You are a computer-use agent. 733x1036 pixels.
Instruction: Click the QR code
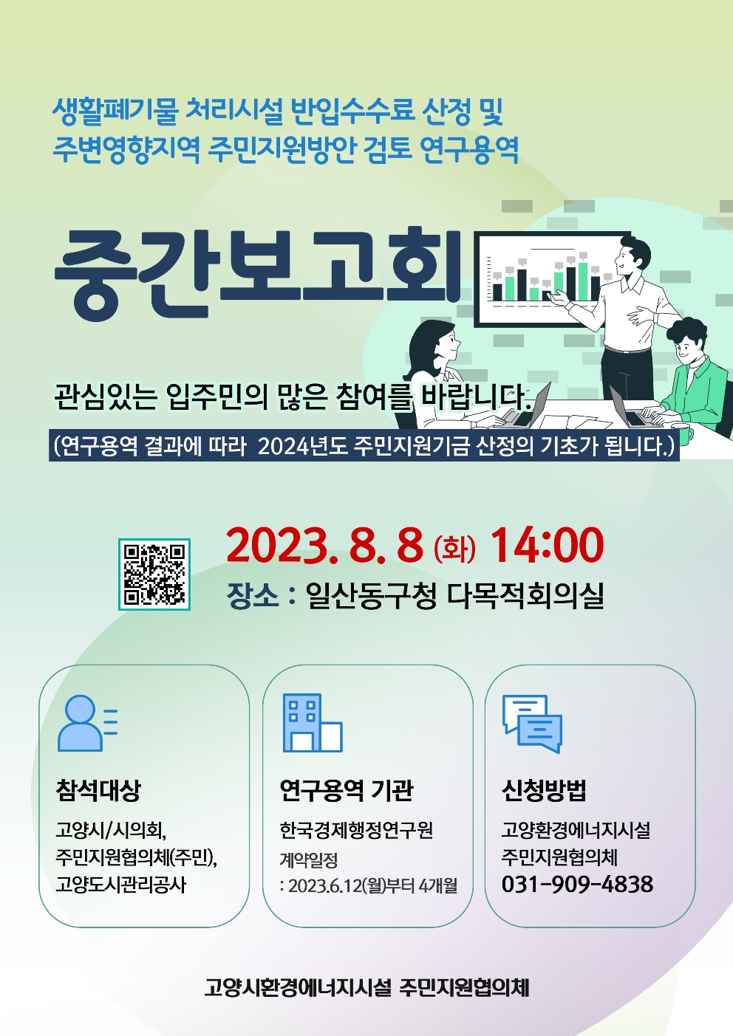(154, 574)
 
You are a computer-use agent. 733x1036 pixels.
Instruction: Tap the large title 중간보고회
(258, 273)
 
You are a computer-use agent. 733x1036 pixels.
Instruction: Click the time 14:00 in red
(547, 546)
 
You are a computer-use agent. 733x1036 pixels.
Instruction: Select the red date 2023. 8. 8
(324, 546)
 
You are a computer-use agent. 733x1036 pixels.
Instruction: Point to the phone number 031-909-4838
(577, 884)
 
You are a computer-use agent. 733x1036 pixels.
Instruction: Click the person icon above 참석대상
(87, 723)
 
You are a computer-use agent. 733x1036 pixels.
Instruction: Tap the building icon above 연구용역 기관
(313, 722)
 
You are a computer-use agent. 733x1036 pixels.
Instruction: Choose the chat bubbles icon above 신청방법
(532, 724)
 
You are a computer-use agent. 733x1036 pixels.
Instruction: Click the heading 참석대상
(98, 790)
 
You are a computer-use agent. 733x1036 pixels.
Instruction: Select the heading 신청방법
(544, 790)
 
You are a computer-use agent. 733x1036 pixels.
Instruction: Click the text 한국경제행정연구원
(356, 830)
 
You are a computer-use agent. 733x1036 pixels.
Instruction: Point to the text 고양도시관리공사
(120, 885)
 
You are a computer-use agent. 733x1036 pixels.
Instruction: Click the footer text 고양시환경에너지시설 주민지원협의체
(366, 987)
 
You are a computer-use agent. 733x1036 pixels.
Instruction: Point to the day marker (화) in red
(454, 549)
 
